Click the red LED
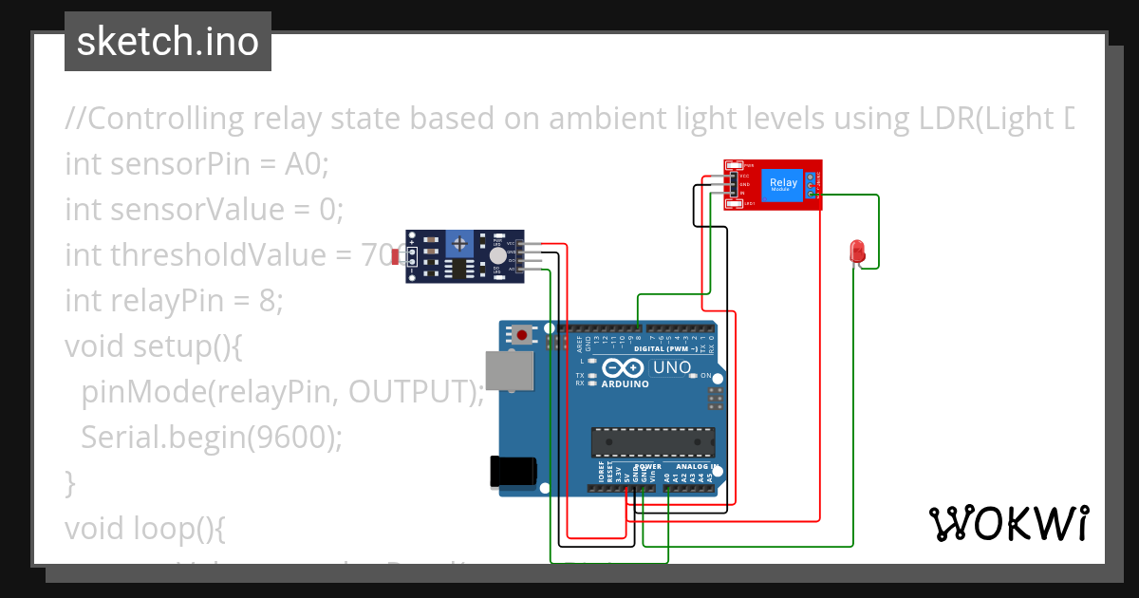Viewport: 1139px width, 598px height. [857, 252]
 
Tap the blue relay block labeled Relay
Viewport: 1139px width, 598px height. [783, 184]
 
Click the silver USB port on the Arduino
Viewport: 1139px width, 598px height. [510, 372]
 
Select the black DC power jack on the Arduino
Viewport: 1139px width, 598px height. [513, 472]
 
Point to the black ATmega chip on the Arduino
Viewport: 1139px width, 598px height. [652, 441]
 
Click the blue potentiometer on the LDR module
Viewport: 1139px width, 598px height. [460, 243]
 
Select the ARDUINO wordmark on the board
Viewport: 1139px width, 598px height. [625, 384]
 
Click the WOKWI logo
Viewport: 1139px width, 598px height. [1007, 523]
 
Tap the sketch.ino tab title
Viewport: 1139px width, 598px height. [168, 42]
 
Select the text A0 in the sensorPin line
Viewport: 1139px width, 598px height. [305, 164]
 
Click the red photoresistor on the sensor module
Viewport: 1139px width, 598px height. [396, 257]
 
